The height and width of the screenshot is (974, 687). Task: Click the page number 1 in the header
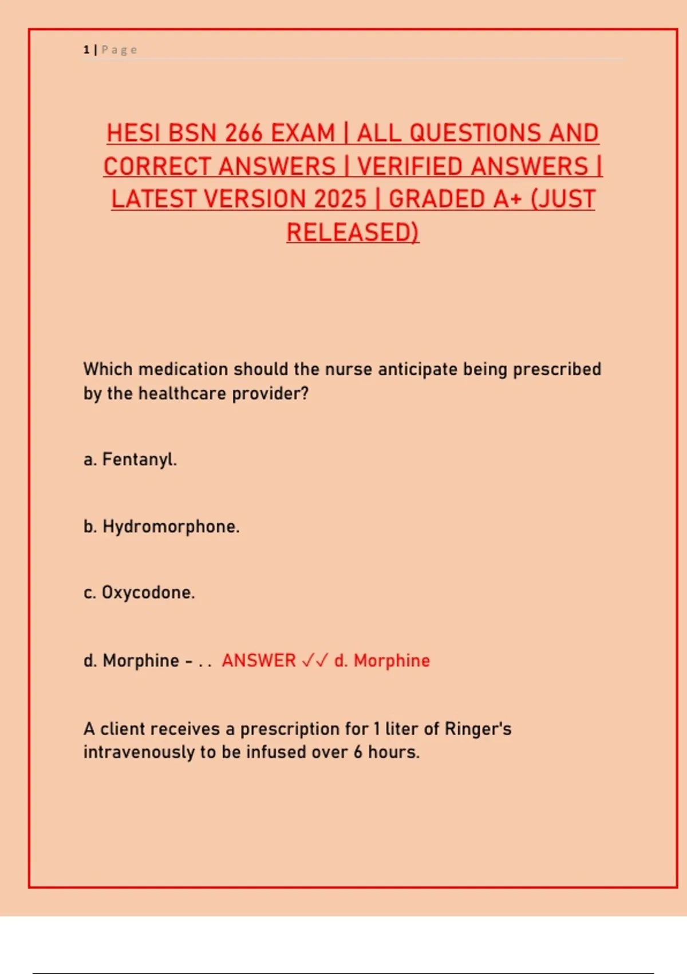click(x=86, y=50)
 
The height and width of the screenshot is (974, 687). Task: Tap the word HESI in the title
click(x=133, y=133)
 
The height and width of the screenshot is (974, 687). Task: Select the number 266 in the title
click(x=243, y=133)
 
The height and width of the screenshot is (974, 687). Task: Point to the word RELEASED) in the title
click(x=353, y=233)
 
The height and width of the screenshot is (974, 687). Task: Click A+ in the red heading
click(x=507, y=199)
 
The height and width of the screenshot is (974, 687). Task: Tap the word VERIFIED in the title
click(x=409, y=167)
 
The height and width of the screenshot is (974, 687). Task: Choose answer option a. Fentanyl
click(x=131, y=459)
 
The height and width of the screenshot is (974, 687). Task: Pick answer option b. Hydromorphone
click(x=161, y=527)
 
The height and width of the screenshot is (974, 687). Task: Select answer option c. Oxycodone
click(x=139, y=592)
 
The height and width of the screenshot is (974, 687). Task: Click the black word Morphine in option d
click(x=141, y=661)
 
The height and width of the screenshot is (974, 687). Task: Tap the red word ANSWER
click(x=259, y=661)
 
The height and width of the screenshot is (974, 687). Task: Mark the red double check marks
click(x=315, y=661)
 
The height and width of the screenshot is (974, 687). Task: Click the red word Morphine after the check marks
click(x=392, y=661)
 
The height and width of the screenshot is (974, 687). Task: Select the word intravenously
click(x=139, y=752)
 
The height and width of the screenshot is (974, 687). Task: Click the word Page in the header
click(x=119, y=50)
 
